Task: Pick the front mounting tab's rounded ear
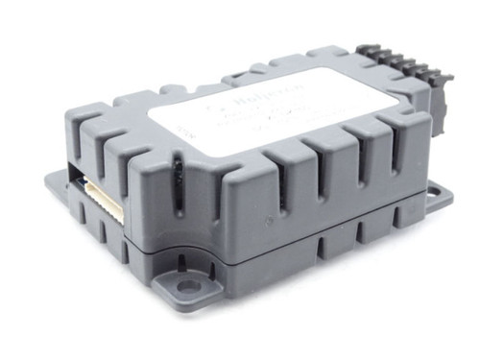click(182, 289)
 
